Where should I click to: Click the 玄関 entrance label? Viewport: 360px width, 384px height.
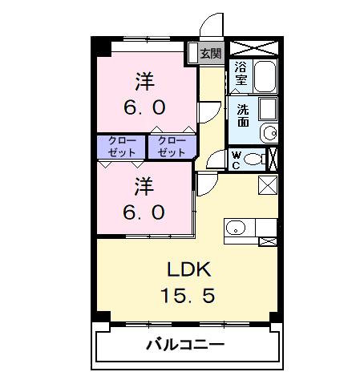point(211,54)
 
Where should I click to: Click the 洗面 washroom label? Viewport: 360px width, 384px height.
point(242,115)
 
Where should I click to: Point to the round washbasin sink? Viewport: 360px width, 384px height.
point(271,132)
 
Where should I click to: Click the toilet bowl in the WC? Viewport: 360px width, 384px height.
point(254,158)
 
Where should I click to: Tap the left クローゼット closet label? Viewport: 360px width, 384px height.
point(122,146)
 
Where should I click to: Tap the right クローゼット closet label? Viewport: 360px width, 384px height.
point(171,146)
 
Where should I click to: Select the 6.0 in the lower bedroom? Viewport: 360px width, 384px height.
point(144,212)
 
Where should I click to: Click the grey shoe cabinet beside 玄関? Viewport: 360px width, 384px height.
point(192,54)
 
